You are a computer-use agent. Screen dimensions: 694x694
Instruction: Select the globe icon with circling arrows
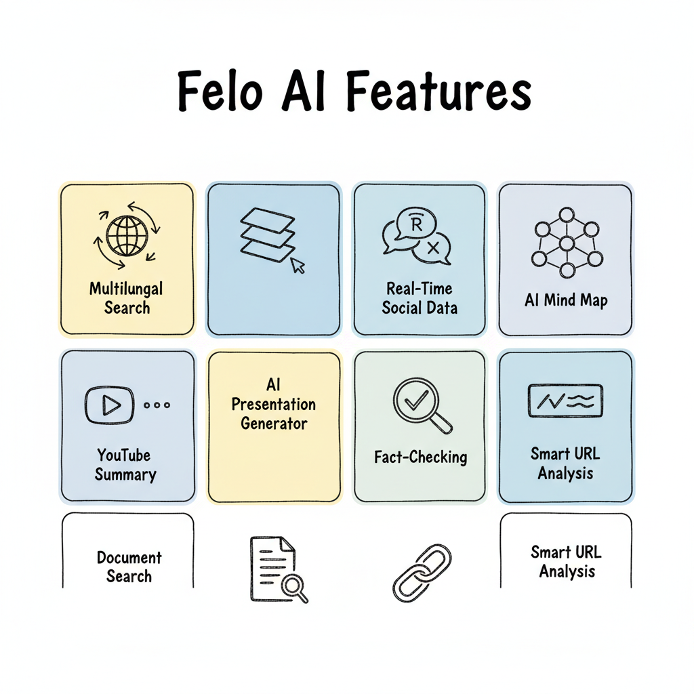click(x=127, y=235)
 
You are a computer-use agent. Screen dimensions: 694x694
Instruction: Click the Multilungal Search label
click(x=127, y=298)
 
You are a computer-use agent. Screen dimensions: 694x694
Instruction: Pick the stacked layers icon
click(x=268, y=234)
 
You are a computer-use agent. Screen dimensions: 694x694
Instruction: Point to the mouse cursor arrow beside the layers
click(x=298, y=265)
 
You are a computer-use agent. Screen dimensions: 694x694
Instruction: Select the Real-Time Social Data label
click(x=420, y=298)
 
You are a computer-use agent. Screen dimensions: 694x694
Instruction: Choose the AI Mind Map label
click(x=565, y=300)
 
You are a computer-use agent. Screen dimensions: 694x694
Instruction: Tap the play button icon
click(x=108, y=405)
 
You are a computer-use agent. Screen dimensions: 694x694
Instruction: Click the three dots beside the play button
click(x=157, y=405)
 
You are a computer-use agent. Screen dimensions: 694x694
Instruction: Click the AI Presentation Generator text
click(x=274, y=405)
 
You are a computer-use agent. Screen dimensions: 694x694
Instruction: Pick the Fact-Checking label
click(x=420, y=457)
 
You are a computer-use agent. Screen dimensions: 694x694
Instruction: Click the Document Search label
click(x=129, y=567)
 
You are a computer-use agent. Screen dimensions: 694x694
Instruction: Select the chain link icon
click(x=422, y=571)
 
